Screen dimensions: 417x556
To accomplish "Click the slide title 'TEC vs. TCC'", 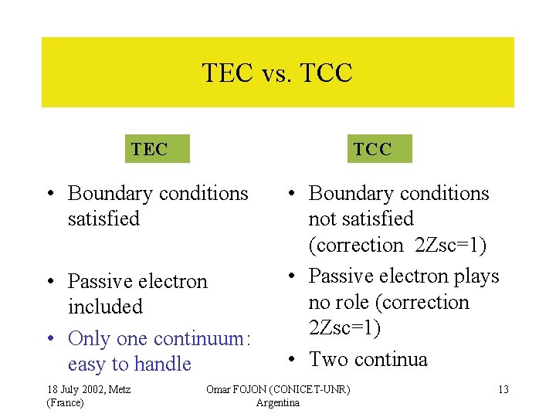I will [x=277, y=73].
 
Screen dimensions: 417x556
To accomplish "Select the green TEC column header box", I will [x=157, y=149].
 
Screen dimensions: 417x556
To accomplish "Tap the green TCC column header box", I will [x=379, y=149].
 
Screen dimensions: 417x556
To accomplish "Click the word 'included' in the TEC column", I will [x=105, y=307].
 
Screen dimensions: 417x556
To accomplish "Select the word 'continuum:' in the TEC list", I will [x=205, y=338].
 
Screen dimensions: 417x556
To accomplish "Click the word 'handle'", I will [x=162, y=364].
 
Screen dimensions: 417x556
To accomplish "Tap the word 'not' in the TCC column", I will [x=321, y=219].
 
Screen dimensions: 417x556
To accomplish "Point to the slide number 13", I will [x=503, y=389].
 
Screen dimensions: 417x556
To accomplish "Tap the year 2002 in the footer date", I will [x=86, y=389].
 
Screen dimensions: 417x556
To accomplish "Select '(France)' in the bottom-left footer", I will [x=65, y=402].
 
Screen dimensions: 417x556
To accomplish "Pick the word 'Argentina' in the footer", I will [x=277, y=402].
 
